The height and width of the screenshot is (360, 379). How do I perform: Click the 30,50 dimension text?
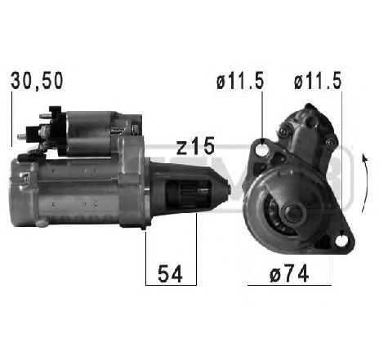pos(36,80)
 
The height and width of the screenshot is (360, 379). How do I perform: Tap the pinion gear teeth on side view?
pos(185,196)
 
